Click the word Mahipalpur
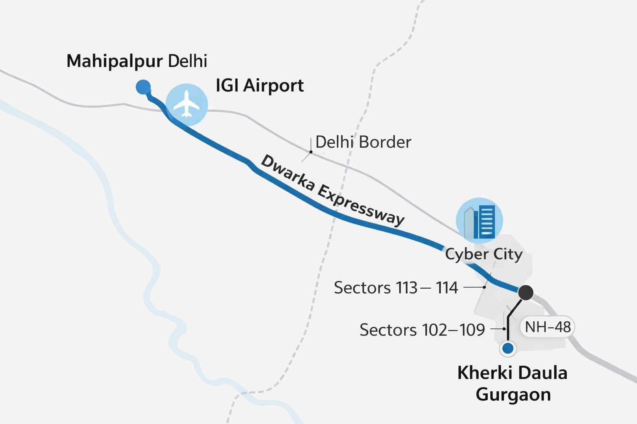point(114,61)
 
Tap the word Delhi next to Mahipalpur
point(187,61)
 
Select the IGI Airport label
point(260,86)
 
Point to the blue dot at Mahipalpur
point(143,87)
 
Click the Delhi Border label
point(363,142)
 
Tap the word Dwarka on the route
point(287,174)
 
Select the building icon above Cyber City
point(479,221)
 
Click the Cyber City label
point(484,254)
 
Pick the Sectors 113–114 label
point(396,287)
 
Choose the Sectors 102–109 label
point(422,330)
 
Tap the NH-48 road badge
point(547,327)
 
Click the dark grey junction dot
point(526,292)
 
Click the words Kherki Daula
point(512,373)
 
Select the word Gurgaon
point(513,394)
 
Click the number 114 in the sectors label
point(447,287)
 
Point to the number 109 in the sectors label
point(472,330)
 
